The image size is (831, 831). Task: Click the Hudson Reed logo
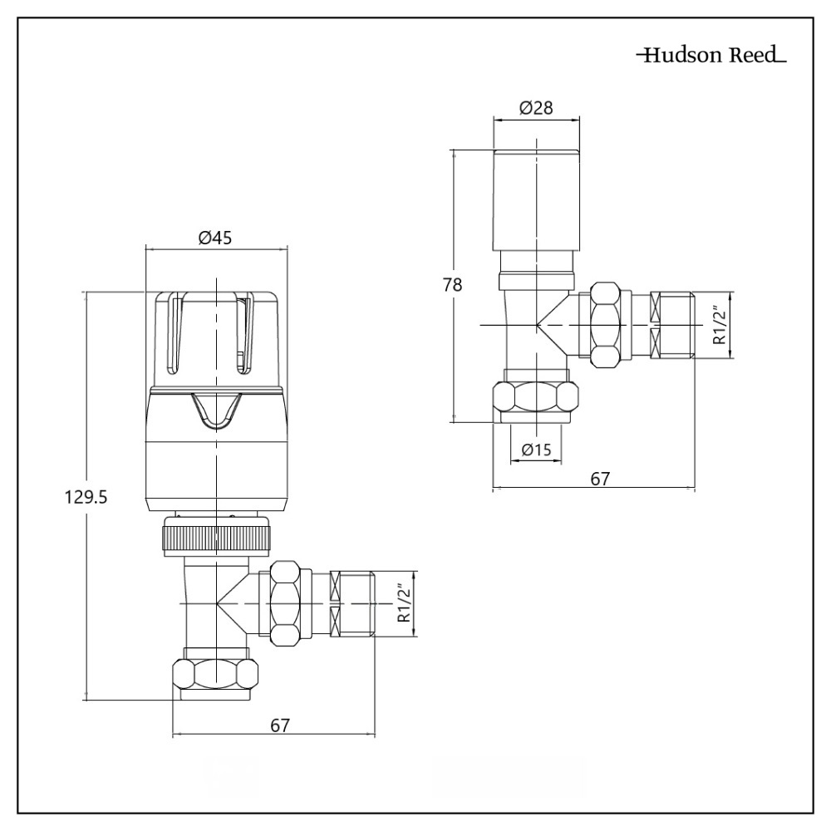(711, 57)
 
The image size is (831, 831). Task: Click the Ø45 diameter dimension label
(214, 238)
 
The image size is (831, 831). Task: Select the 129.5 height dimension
(87, 497)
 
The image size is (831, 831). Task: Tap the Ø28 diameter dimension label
(536, 108)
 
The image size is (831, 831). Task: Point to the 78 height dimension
(453, 284)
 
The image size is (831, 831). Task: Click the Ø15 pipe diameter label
(536, 450)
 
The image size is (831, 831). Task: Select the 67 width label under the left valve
(281, 725)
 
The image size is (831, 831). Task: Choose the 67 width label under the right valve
(600, 479)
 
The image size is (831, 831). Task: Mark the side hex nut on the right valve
(607, 324)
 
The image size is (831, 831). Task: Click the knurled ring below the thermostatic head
(216, 536)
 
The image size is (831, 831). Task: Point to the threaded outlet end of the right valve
(671, 324)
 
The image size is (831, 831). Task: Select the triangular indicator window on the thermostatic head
(215, 411)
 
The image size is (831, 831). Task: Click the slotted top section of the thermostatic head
(215, 337)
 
